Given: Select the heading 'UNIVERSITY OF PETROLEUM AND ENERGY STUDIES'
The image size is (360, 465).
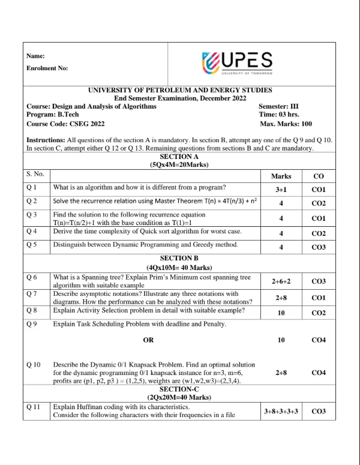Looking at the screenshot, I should point(179,90).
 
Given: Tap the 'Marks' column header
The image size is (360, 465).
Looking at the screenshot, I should point(281,176).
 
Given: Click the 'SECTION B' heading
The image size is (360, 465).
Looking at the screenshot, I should point(179,257).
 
